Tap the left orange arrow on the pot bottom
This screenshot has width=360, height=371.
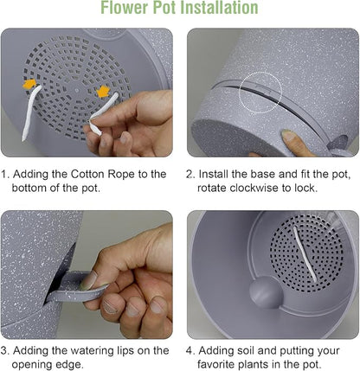click(29, 84)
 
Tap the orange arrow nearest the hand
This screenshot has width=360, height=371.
click(103, 92)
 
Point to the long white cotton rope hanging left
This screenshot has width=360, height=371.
click(31, 112)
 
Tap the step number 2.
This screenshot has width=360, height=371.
click(189, 175)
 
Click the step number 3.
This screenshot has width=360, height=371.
click(4, 351)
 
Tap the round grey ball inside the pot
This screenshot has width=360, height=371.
click(266, 292)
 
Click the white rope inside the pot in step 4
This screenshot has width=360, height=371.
click(304, 254)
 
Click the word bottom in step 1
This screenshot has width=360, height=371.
click(29, 188)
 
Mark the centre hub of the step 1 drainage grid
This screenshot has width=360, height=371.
click(76, 90)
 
